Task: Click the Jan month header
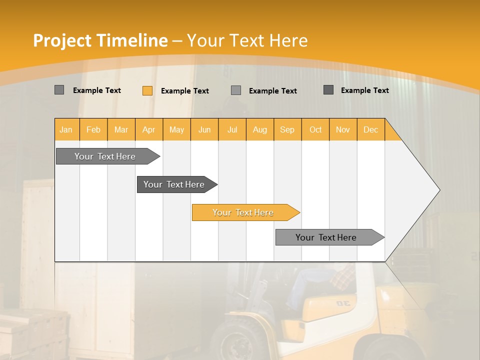(x=66, y=129)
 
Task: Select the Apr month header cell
(x=149, y=129)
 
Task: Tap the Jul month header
(x=232, y=129)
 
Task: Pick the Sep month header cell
(x=287, y=129)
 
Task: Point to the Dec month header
(x=370, y=129)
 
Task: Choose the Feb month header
(x=93, y=129)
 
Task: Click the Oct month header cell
(x=315, y=129)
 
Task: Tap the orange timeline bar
(x=243, y=212)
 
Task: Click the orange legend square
(x=147, y=90)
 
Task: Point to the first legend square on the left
(x=59, y=90)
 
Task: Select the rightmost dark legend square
(x=328, y=90)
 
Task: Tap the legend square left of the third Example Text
(x=236, y=90)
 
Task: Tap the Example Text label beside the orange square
(x=185, y=91)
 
